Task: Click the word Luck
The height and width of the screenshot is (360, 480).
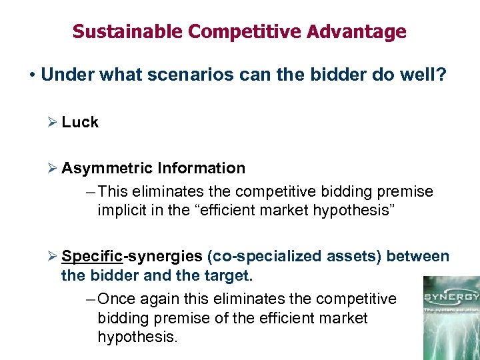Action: tap(80, 122)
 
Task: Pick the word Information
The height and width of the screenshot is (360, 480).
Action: tap(202, 168)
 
